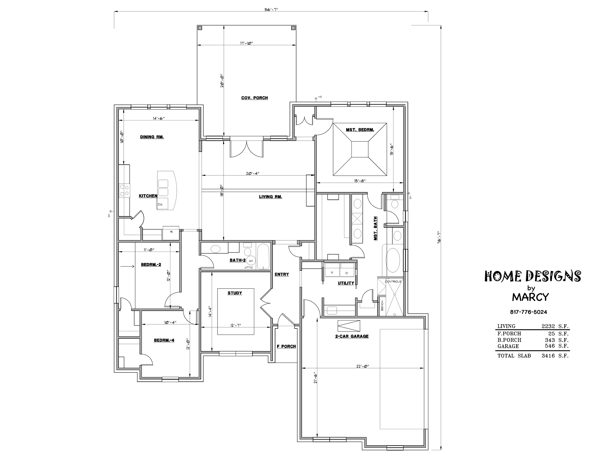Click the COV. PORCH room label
click(254, 98)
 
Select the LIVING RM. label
click(270, 197)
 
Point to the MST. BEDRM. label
click(360, 129)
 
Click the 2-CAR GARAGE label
click(352, 336)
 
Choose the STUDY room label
click(235, 293)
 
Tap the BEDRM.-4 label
click(164, 341)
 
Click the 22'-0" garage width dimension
click(363, 366)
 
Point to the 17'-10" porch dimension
click(246, 43)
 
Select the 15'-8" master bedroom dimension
click(360, 181)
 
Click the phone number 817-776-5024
click(528, 312)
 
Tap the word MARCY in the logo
click(530, 297)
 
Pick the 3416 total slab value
click(548, 356)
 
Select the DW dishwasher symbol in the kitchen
click(160, 204)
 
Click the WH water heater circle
click(251, 261)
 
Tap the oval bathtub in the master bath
click(393, 261)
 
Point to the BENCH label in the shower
click(382, 306)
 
